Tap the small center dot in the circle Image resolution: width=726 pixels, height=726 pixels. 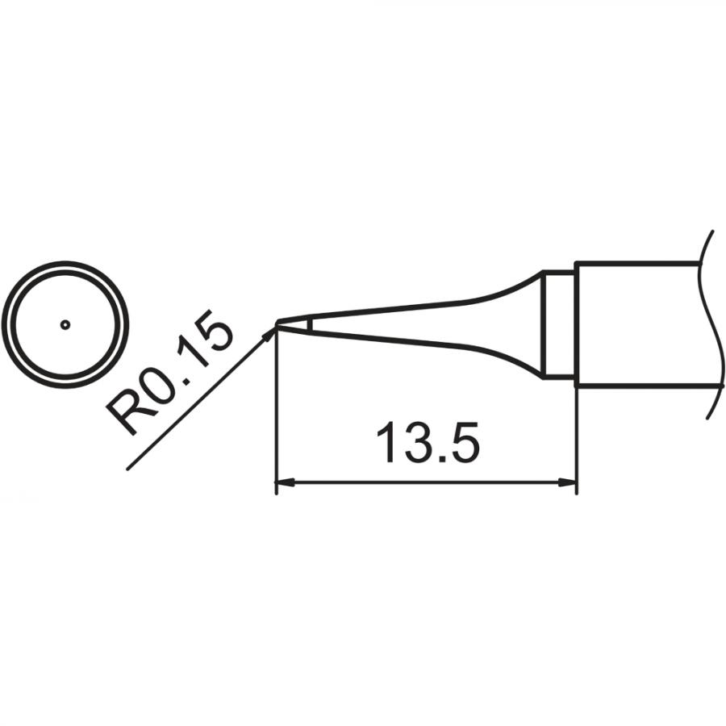coord(66,324)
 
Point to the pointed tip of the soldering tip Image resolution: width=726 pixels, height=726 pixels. coord(277,324)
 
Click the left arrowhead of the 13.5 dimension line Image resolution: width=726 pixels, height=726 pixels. coord(282,484)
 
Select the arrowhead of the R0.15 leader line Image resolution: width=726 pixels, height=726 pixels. coord(268,335)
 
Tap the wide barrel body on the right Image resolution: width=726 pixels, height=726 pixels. coord(637,324)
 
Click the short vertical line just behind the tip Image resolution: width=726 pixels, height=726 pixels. coord(310,324)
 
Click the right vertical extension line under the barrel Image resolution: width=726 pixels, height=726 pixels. coord(576,440)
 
